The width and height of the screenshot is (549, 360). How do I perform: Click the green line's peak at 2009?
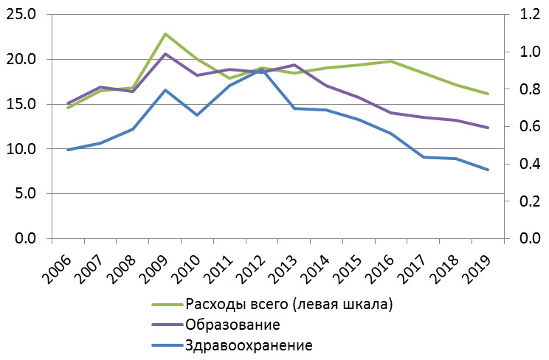(165, 34)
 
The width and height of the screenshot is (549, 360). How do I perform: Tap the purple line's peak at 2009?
(165, 54)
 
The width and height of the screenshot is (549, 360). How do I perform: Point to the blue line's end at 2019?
(488, 170)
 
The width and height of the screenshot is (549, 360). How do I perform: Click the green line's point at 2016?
(391, 61)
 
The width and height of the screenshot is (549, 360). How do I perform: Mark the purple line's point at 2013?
(294, 65)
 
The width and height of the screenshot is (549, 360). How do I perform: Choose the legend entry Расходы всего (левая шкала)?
(289, 304)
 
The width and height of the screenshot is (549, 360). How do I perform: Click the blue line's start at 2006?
(68, 150)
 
